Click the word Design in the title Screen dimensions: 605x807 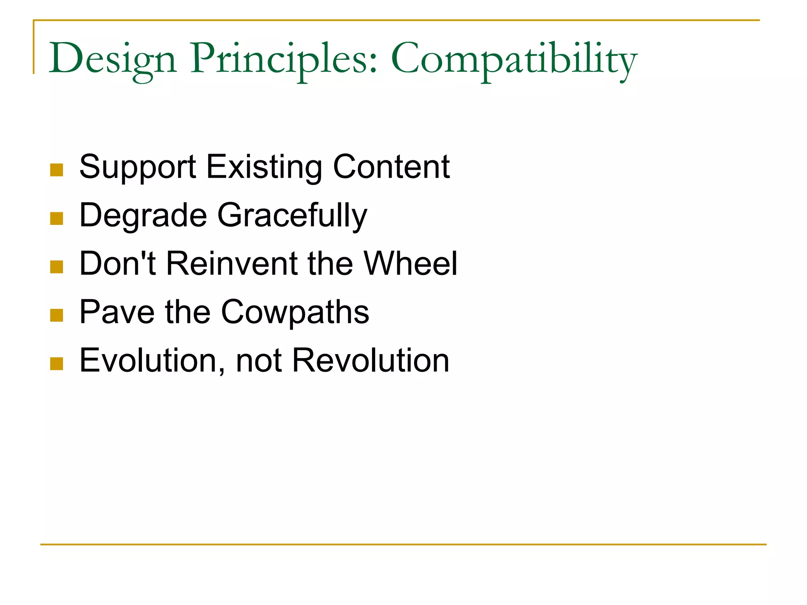tap(112, 59)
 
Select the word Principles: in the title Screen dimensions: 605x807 tap(284, 59)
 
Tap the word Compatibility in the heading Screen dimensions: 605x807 tap(514, 59)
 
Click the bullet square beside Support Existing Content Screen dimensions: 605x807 tap(57, 170)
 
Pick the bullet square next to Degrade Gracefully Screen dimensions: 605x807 tap(57, 219)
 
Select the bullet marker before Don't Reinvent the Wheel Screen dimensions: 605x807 tap(57, 267)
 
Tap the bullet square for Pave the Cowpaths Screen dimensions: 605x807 tap(57, 315)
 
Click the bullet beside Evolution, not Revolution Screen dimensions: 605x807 tap(57, 364)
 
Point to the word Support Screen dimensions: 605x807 tap(138, 168)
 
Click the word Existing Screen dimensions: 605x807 tap(264, 168)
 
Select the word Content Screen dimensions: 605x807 tap(391, 167)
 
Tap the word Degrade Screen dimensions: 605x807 tap(143, 216)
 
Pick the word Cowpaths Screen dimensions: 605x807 tap(295, 313)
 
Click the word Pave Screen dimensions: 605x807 tap(117, 313)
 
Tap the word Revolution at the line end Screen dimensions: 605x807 tap(370, 361)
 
